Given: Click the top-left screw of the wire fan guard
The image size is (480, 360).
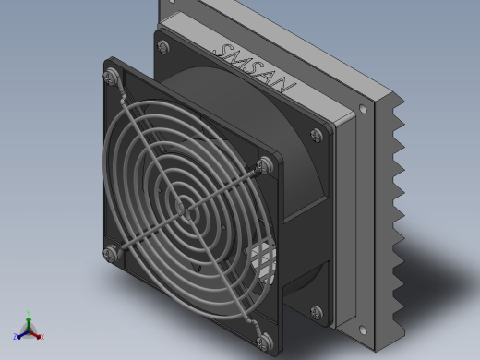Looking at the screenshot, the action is pos(111,77).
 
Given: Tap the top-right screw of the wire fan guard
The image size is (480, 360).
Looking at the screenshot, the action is pos(265,165).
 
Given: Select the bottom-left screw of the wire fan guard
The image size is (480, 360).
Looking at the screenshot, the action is pos(110,254).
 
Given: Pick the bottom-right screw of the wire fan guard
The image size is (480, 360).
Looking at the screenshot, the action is pos(265,342).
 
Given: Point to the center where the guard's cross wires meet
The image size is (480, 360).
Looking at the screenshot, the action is pos(185,210).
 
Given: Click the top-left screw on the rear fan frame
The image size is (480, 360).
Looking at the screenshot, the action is pos(163,47).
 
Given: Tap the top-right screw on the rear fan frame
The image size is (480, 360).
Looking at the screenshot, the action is pos(317,135).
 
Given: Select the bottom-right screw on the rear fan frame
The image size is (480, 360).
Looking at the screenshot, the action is pos(317,312).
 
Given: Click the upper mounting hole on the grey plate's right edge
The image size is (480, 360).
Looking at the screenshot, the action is pos(363,109).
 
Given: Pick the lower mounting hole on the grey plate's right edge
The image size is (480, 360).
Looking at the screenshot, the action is pos(363,330).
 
